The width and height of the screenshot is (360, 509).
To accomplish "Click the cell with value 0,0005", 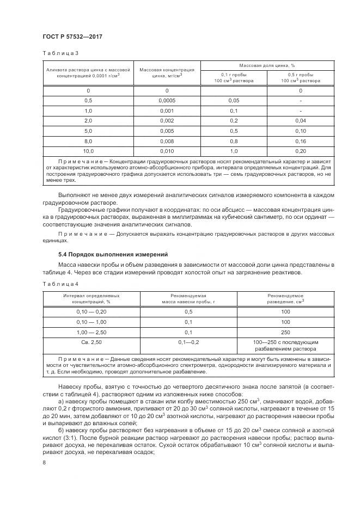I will [x=167, y=101].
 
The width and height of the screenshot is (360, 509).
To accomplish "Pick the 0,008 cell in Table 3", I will [x=167, y=140].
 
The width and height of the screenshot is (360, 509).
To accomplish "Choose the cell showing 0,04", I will [x=300, y=120].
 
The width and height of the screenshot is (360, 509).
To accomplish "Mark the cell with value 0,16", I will [x=300, y=140].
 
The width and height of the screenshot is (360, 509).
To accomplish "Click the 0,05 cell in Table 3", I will [x=234, y=101].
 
